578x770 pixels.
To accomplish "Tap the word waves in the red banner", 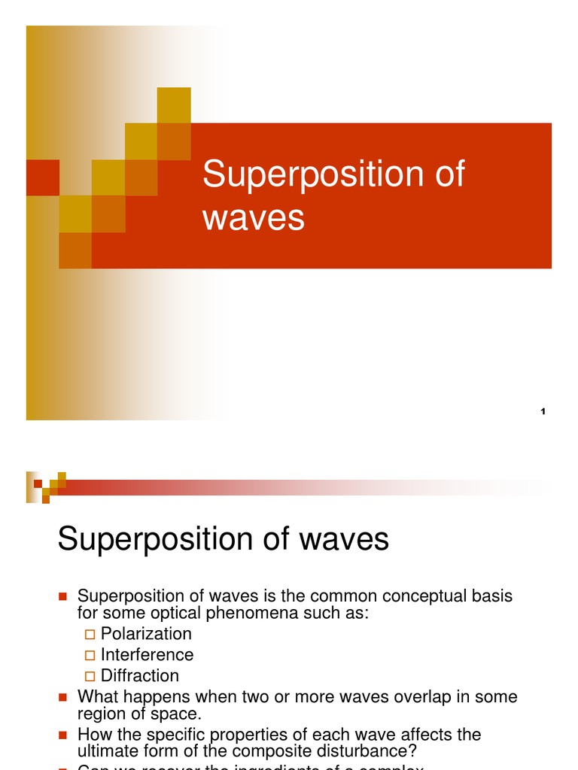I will coord(254,218).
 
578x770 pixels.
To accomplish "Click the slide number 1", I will coord(543,411).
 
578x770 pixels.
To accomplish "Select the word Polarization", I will coord(146,634).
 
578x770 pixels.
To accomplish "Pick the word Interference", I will coord(147,655).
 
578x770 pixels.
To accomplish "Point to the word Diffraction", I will coord(140,676).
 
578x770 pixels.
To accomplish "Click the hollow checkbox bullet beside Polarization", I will coord(91,635).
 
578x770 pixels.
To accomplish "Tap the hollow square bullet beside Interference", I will coord(91,656).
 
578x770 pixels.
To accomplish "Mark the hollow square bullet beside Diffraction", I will coord(91,677).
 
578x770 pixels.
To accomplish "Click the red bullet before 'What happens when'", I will coord(63,697).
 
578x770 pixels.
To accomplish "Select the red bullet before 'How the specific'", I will coord(63,735).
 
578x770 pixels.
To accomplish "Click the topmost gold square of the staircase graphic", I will coord(174,105).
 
